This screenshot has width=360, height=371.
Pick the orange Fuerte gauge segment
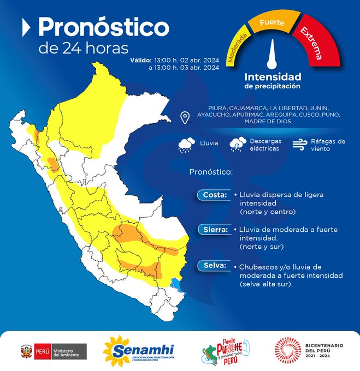(272, 23)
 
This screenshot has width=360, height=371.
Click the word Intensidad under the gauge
(272, 77)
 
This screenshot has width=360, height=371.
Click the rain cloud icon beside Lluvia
(187, 144)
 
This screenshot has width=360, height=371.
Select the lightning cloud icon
(238, 144)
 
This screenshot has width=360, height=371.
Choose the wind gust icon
(299, 144)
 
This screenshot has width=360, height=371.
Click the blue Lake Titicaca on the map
(176, 283)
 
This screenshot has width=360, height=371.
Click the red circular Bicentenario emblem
(287, 349)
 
